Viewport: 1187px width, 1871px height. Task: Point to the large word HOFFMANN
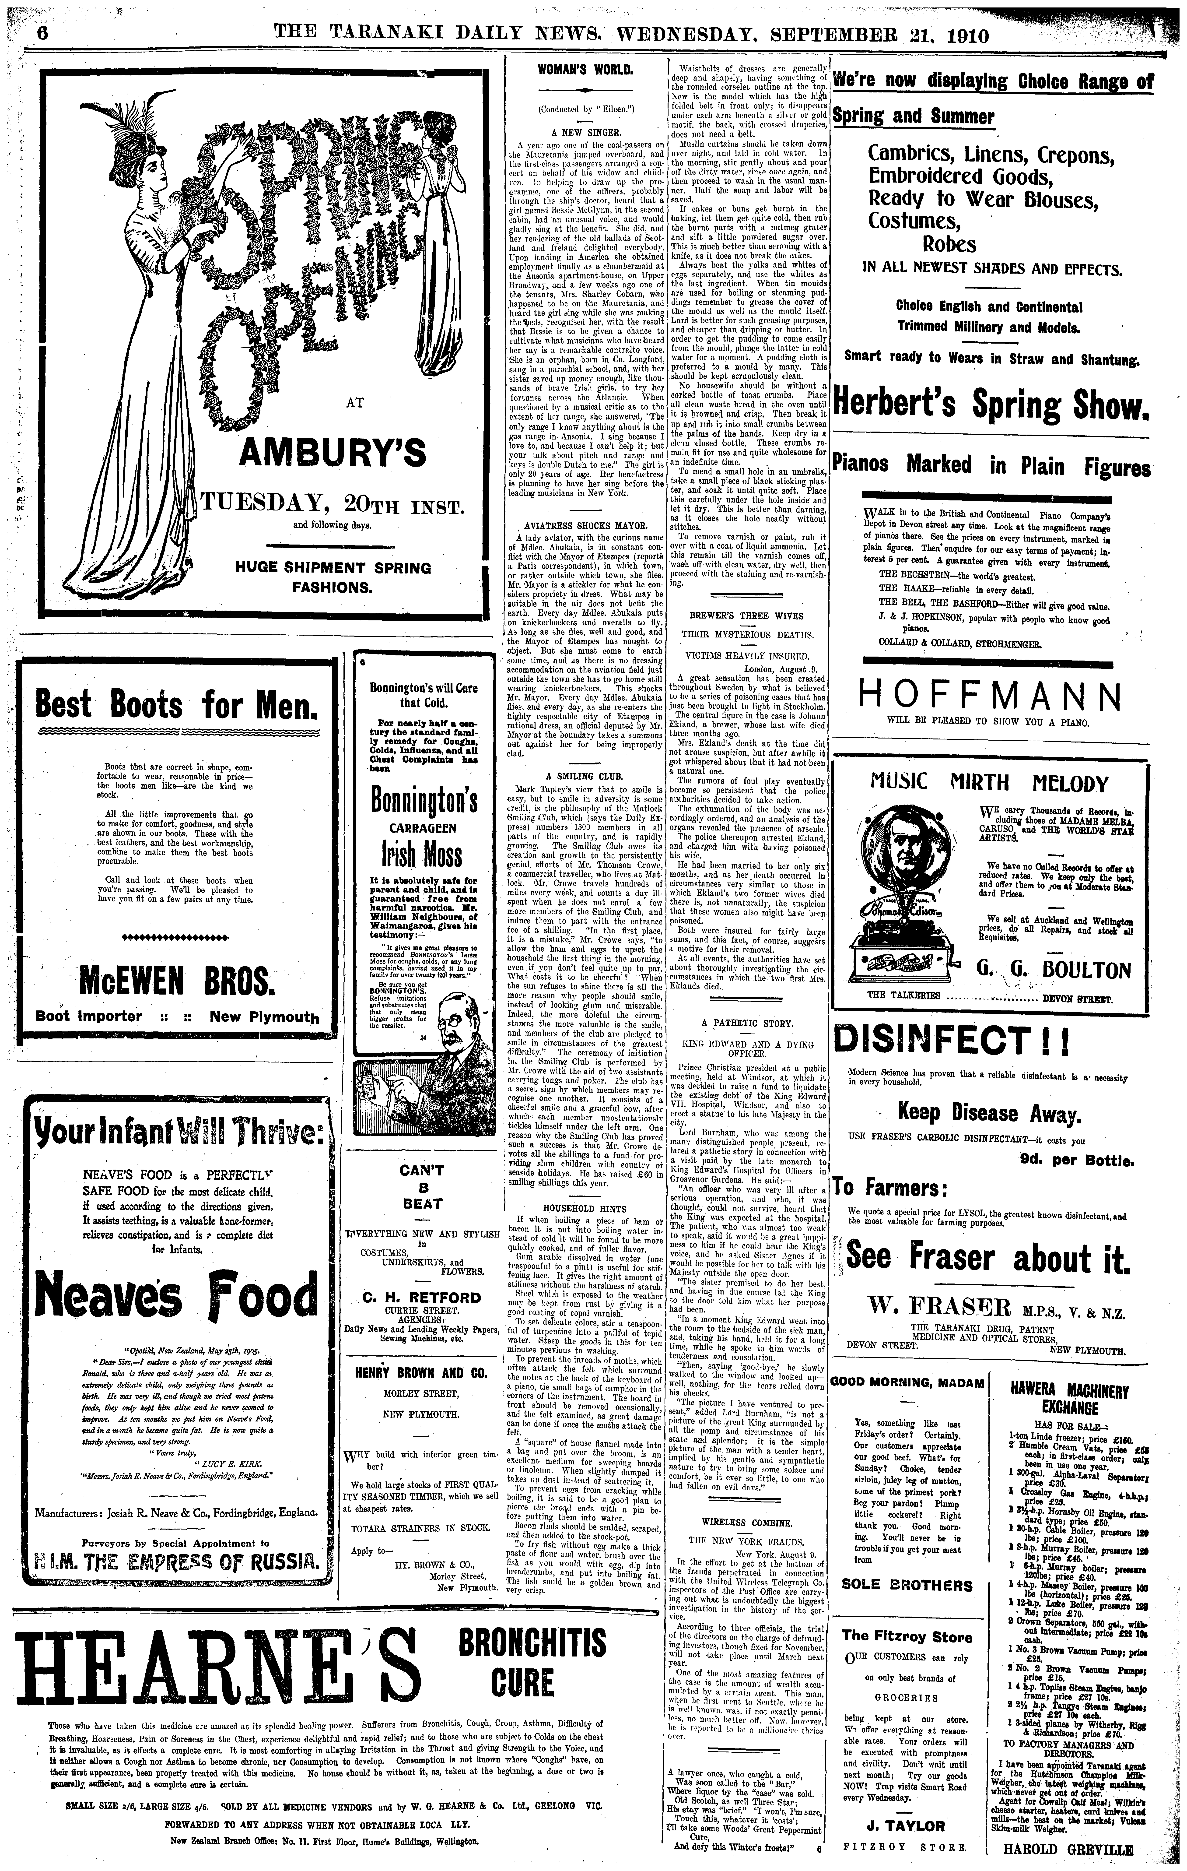coord(989,695)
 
